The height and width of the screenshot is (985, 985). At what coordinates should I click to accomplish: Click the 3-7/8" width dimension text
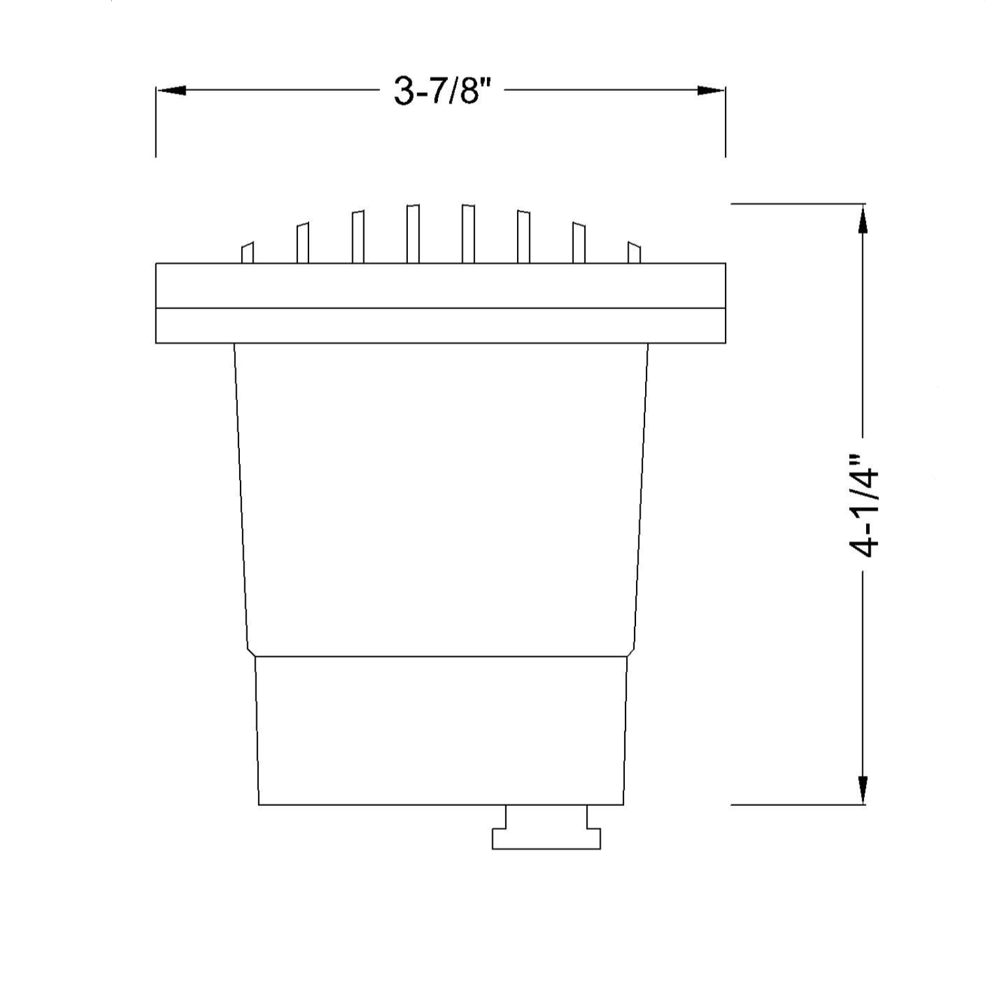(x=441, y=90)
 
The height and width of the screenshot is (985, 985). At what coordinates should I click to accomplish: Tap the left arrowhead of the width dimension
(x=171, y=90)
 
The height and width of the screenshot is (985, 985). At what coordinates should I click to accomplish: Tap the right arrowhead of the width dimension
(x=711, y=90)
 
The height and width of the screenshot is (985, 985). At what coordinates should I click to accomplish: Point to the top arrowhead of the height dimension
(x=863, y=218)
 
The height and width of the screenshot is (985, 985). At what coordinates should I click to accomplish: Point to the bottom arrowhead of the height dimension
(x=863, y=790)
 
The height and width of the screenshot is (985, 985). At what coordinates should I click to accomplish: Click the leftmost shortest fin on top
(x=247, y=253)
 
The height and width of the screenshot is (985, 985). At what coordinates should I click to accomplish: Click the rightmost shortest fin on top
(x=634, y=253)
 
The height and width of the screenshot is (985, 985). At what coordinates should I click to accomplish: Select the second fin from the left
(x=303, y=243)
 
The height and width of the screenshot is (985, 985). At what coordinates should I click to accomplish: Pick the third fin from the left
(x=358, y=237)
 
